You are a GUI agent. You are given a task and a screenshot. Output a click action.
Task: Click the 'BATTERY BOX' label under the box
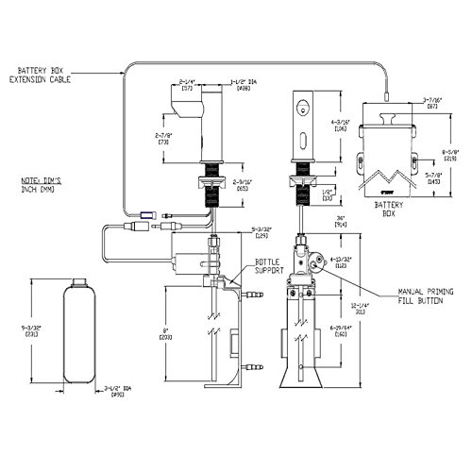point(388,207)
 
